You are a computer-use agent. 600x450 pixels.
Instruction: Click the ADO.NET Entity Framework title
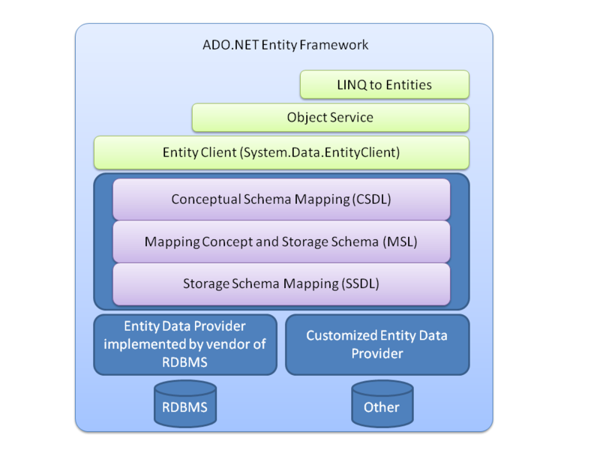pos(285,45)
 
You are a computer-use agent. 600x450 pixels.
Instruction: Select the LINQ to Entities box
pos(384,85)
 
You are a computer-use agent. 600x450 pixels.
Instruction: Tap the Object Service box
pos(330,118)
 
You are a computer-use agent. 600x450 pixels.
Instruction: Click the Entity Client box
pos(281,152)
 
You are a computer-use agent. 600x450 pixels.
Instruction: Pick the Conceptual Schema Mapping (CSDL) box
pos(281,199)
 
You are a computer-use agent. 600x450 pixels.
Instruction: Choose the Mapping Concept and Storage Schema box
pos(281,242)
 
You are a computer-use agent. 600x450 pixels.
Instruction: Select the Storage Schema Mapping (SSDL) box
pos(281,284)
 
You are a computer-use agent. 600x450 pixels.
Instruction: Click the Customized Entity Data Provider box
pos(376,344)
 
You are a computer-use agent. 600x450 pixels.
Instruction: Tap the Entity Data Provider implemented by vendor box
pos(184,344)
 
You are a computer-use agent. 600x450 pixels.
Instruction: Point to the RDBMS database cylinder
pos(184,405)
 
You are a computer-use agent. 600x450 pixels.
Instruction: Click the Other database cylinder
pos(382,405)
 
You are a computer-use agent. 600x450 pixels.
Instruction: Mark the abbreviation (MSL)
pos(399,242)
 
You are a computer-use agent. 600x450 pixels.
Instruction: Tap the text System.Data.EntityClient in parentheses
pos(322,152)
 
